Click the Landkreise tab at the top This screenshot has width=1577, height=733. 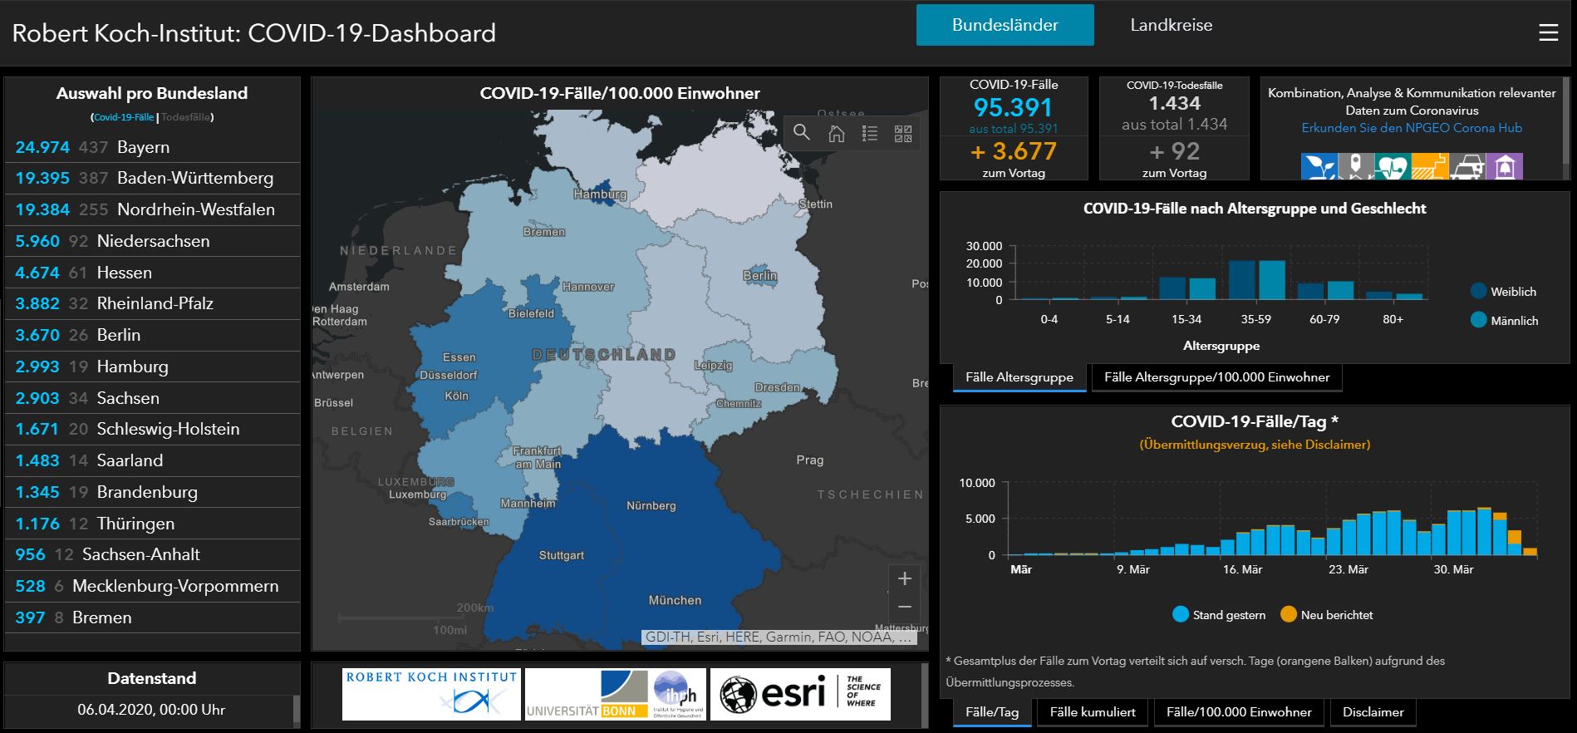1171,25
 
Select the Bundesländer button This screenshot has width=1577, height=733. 1005,25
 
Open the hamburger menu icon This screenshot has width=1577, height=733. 1548,32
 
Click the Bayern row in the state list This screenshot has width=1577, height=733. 143,147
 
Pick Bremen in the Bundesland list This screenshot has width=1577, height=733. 101,617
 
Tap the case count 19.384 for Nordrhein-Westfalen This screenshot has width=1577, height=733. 42,209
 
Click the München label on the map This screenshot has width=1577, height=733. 675,600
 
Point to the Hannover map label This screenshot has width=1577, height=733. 588,287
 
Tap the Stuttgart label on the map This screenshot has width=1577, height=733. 562,555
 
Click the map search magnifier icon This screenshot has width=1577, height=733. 802,132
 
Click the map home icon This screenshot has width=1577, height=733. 836,133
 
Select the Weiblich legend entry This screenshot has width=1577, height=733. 1504,292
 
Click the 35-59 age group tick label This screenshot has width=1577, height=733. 1255,319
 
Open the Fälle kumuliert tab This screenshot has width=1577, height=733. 1092,712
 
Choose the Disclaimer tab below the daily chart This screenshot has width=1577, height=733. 1373,712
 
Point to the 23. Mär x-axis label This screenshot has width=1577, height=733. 1348,569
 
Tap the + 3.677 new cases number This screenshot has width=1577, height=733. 1013,151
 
